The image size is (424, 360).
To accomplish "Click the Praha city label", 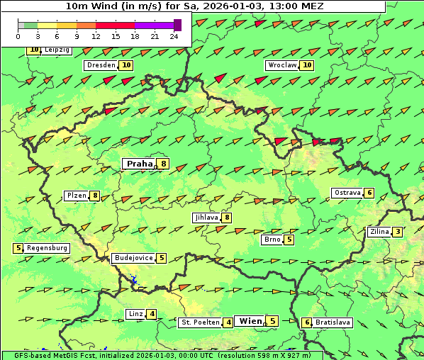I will (140, 164).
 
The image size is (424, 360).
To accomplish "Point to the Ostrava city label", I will (347, 193).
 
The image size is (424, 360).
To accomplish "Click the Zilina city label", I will (379, 232).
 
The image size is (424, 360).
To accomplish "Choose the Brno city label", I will (272, 240).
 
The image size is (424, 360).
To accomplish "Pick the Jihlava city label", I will (206, 218).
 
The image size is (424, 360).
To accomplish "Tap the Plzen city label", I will (76, 196).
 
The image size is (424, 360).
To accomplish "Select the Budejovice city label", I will (133, 258).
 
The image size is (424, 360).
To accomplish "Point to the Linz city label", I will (135, 314).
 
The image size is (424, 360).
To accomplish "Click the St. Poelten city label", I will (199, 322).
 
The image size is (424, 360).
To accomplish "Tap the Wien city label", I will (250, 321).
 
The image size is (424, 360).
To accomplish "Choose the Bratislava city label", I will (333, 322).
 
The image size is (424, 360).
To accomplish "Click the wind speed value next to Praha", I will (164, 164).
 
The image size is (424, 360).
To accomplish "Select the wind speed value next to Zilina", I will (398, 232).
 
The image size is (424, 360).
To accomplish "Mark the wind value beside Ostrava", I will (369, 193).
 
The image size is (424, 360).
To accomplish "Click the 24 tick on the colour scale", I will (174, 35).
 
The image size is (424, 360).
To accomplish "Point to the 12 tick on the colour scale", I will (96, 35).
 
